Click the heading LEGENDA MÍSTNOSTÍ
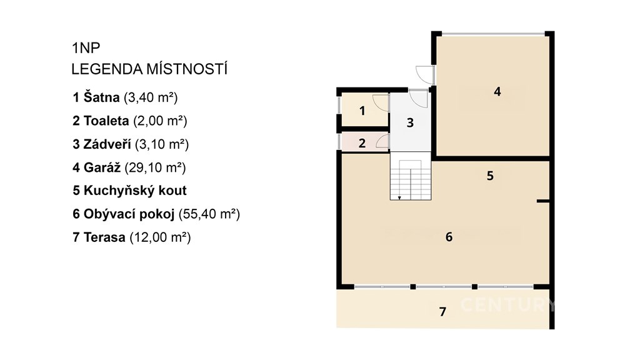point(149,69)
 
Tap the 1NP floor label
point(86,47)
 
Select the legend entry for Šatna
point(125,97)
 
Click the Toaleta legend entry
point(130,121)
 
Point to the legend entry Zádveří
point(131,144)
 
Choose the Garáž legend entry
point(129,167)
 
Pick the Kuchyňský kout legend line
point(130,191)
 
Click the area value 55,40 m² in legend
point(209,214)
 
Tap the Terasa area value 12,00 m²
point(160,237)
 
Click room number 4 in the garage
point(497,91)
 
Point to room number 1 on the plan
point(362,111)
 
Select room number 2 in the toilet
point(362,143)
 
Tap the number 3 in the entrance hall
point(410,122)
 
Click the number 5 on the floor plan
point(490,176)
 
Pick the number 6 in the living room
point(449,237)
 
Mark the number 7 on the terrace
point(443,312)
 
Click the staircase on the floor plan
point(411,176)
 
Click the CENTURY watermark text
point(508,305)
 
